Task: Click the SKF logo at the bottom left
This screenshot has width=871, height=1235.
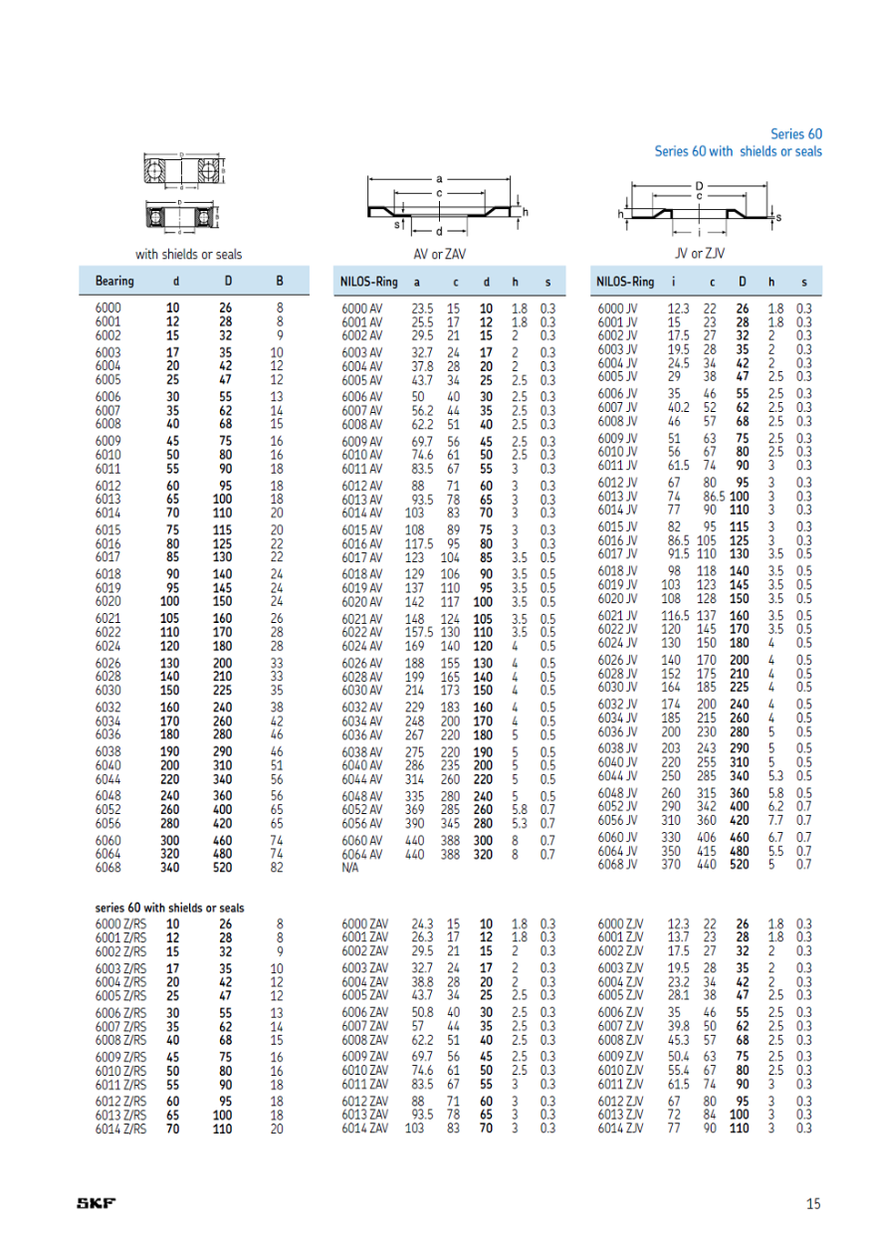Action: coord(97,1203)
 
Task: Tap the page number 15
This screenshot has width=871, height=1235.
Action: coord(813,1203)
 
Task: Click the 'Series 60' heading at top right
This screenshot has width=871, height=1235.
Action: coord(796,133)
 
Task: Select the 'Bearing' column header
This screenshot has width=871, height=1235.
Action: coord(114,282)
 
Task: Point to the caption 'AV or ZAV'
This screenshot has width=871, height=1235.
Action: coord(440,254)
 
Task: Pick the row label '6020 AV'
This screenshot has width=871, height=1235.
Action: coord(361,601)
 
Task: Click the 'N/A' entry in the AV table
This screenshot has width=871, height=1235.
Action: coord(349,868)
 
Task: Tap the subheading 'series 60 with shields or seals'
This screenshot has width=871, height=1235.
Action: coord(169,908)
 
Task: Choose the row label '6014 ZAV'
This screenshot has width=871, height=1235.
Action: coord(365,1129)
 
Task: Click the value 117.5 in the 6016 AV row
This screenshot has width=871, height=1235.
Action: coord(422,543)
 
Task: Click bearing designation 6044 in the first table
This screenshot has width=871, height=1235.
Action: coord(109,778)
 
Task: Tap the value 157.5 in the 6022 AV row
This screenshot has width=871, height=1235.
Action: coord(422,632)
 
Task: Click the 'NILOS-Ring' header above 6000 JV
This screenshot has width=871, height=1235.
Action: coord(625,282)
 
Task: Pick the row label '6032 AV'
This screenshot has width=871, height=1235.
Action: coord(361,708)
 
